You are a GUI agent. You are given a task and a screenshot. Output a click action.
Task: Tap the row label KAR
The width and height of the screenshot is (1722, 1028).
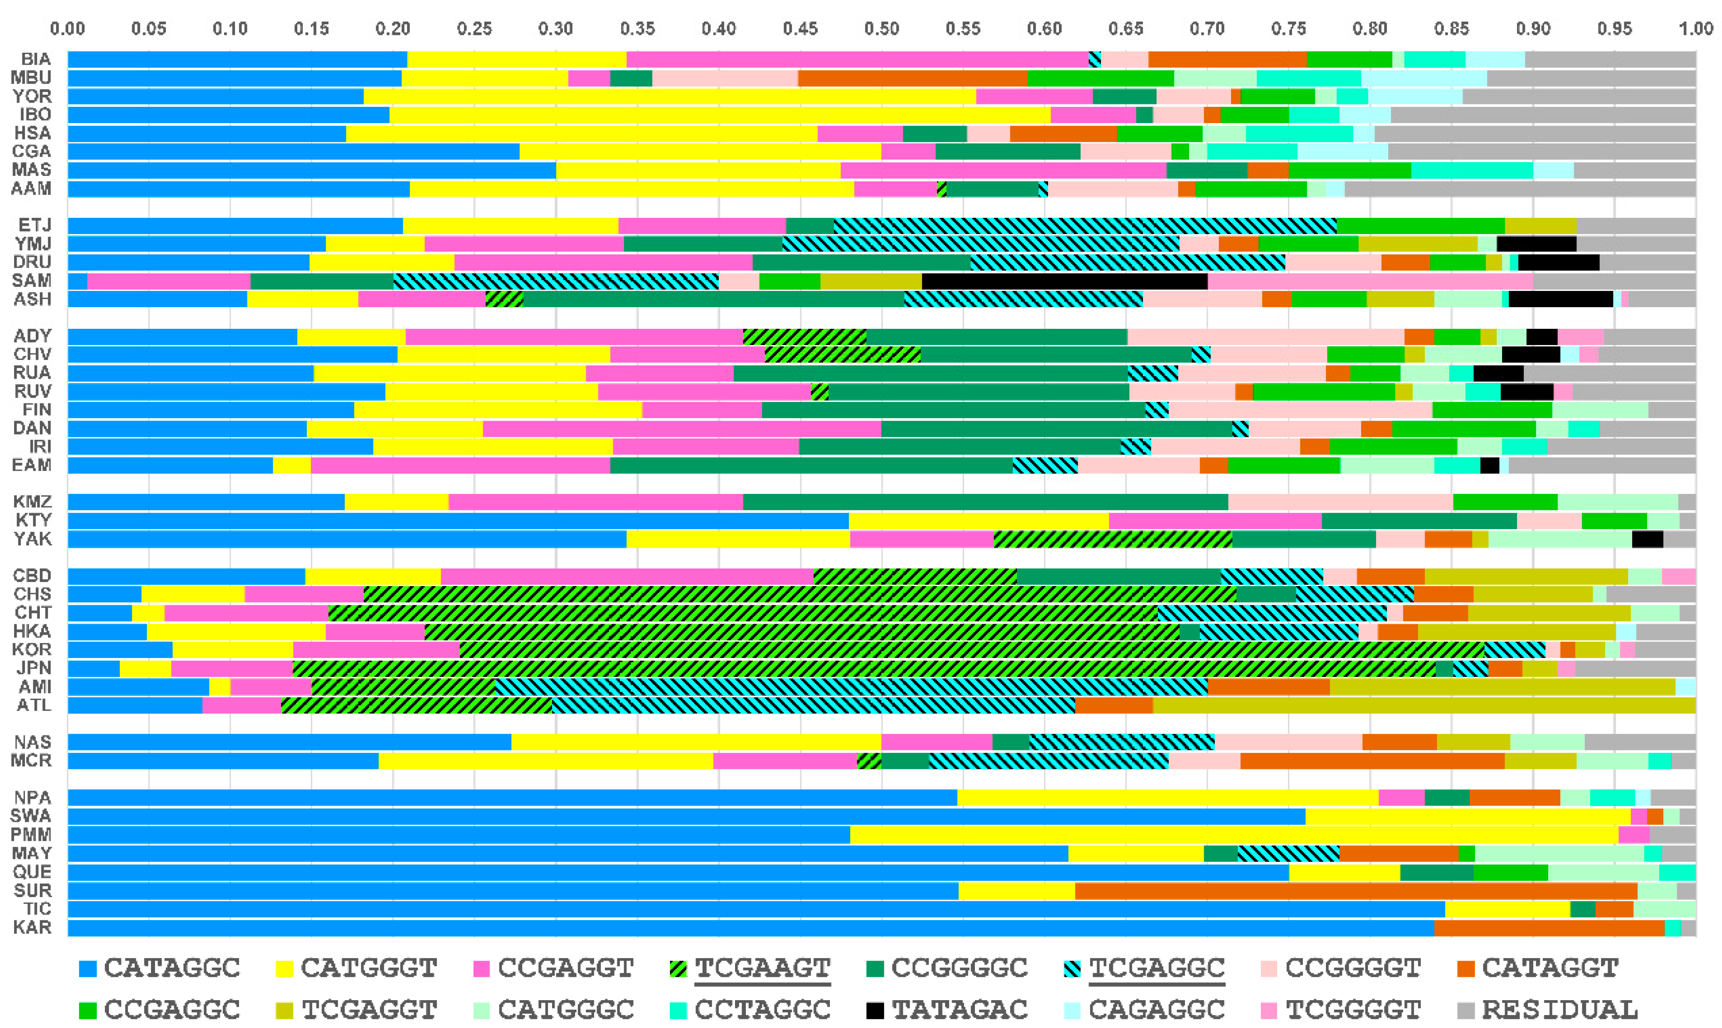coord(32,927)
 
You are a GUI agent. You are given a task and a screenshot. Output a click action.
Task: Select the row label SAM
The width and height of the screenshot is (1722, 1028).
coord(32,281)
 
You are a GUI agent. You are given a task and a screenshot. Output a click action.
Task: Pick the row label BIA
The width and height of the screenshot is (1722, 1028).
coord(36,59)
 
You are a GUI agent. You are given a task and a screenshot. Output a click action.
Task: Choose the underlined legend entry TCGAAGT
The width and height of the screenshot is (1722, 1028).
coord(762,968)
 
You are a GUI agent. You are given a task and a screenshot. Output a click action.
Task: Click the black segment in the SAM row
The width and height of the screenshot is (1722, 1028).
coord(1065,281)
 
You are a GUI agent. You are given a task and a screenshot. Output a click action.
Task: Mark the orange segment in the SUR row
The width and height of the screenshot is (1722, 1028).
coord(1356,890)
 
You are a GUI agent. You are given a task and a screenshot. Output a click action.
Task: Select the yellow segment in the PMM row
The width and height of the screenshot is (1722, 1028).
coord(1234,835)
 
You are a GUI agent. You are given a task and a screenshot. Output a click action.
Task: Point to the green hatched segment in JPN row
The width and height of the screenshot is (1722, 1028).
coord(864,668)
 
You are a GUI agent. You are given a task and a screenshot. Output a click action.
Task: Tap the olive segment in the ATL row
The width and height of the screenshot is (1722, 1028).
coord(1423,705)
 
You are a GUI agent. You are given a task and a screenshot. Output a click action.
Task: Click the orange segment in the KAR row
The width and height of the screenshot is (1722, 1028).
coord(1549,927)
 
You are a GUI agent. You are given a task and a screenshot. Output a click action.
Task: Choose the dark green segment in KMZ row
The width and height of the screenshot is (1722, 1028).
coord(985,502)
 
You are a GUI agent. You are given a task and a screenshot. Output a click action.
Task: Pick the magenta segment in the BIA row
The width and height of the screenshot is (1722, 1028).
coord(857,59)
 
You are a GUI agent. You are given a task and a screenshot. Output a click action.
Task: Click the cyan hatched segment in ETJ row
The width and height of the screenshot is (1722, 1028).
coord(1085,225)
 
